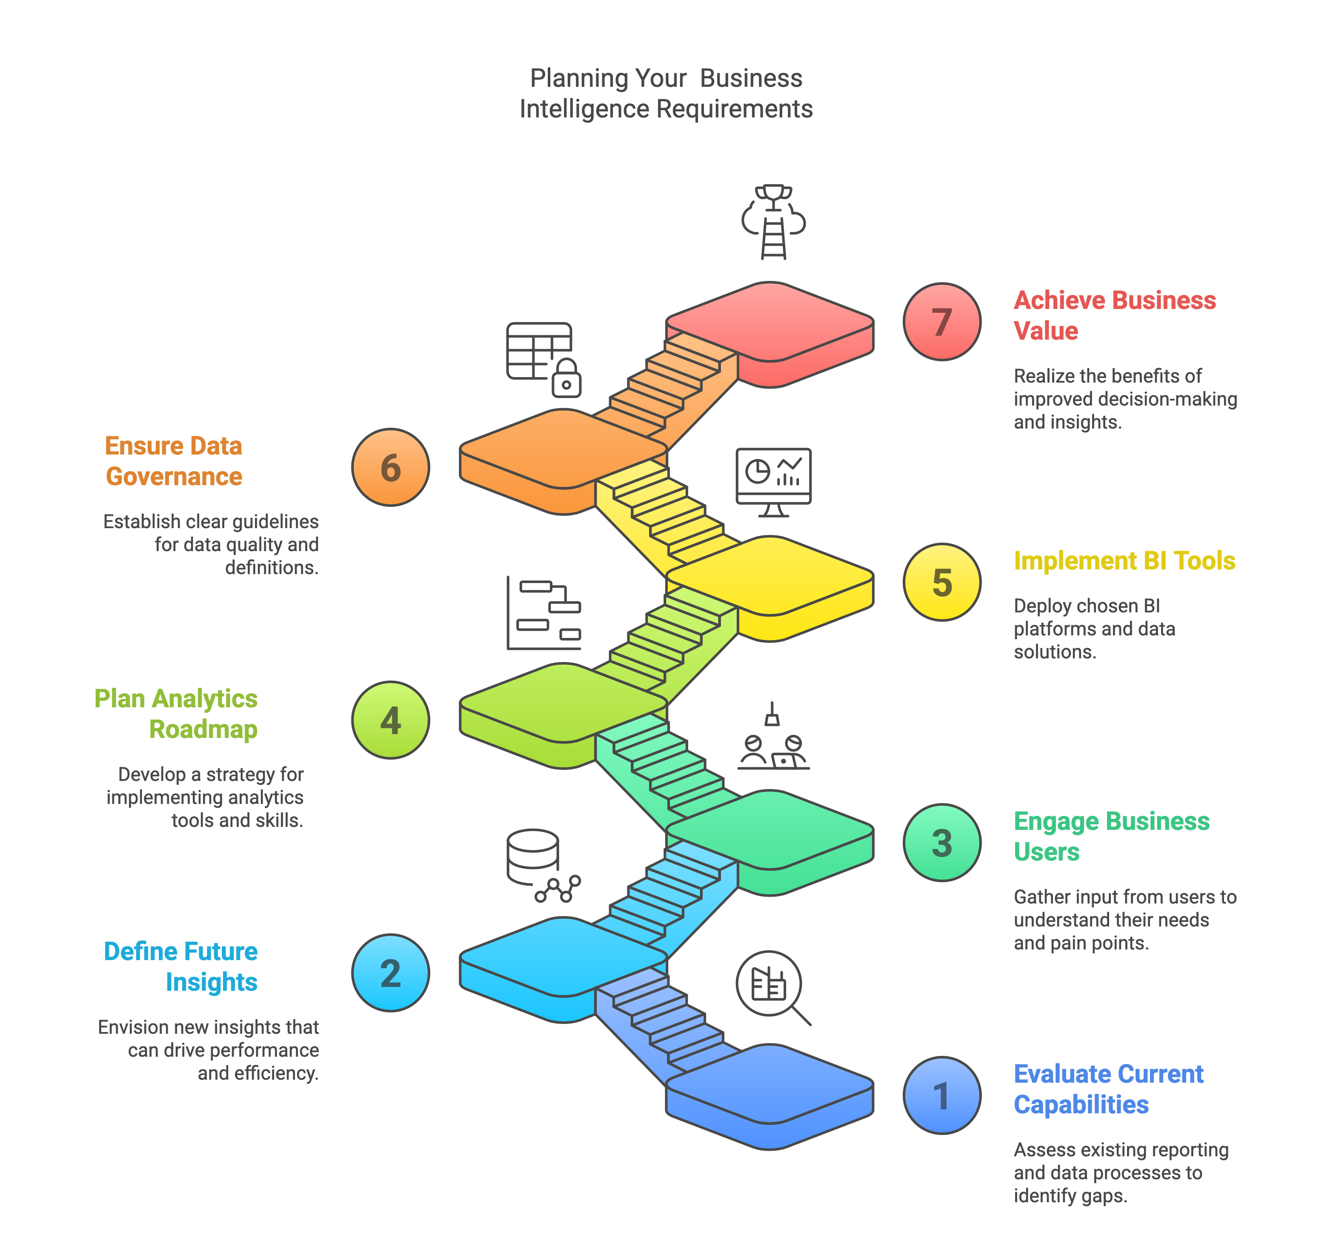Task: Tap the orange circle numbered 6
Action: pyautogui.click(x=390, y=467)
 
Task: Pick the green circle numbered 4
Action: pyautogui.click(x=390, y=720)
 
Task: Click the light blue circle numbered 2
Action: pyautogui.click(x=390, y=973)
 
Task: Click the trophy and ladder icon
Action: pyautogui.click(x=773, y=221)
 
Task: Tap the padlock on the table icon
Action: pyautogui.click(x=566, y=378)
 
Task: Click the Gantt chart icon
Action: pyautogui.click(x=544, y=613)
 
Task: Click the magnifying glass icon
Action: pyautogui.click(x=773, y=988)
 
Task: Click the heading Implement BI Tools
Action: pyautogui.click(x=1124, y=560)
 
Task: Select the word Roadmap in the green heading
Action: pyautogui.click(x=203, y=729)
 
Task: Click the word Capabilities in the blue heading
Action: pyautogui.click(x=1081, y=1104)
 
